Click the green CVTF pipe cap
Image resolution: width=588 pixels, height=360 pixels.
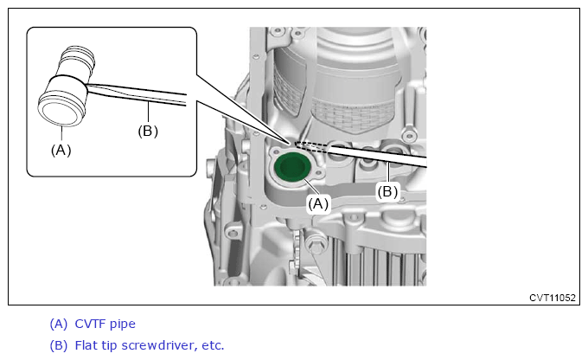click(291, 167)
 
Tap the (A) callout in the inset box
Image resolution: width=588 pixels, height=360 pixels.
click(61, 151)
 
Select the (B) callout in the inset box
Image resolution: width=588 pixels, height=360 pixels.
click(148, 131)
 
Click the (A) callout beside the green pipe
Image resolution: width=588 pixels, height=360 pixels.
click(318, 204)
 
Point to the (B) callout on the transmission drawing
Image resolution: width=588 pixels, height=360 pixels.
click(387, 192)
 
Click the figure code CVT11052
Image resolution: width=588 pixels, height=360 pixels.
click(552, 298)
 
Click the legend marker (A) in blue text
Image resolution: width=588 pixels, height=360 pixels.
click(59, 324)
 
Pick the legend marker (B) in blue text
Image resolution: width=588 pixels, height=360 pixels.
click(59, 345)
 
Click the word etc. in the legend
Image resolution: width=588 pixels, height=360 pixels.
click(213, 346)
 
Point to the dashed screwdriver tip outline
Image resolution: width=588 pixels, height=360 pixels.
click(310, 147)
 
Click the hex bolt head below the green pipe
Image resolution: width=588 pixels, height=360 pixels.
click(316, 245)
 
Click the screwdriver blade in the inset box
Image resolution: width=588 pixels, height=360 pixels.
click(137, 93)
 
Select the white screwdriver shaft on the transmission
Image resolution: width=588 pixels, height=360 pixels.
click(378, 155)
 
